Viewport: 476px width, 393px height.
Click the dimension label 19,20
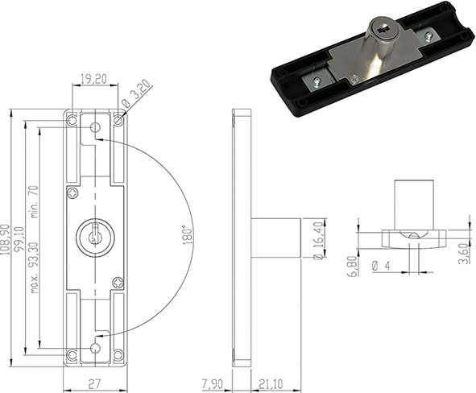tap(95, 80)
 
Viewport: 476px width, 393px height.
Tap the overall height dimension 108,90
tap(9, 240)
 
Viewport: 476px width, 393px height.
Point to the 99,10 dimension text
tap(21, 240)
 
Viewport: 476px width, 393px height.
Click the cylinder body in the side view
tap(276, 237)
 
